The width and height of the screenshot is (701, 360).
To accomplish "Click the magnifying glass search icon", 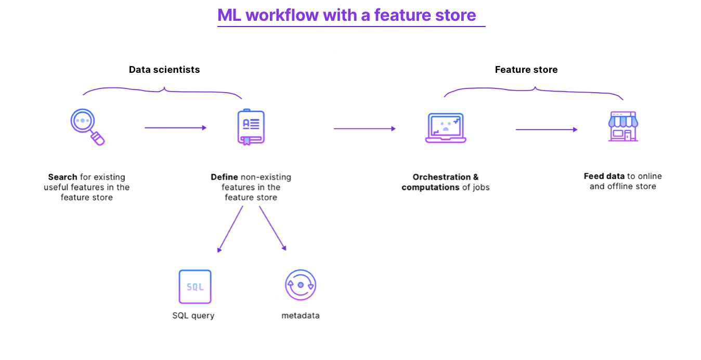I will pyautogui.click(x=87, y=126).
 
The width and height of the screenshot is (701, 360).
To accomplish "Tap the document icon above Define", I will pyautogui.click(x=251, y=127).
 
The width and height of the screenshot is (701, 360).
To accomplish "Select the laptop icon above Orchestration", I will pyautogui.click(x=446, y=128).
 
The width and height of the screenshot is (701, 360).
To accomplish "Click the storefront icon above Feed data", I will pyautogui.click(x=623, y=126).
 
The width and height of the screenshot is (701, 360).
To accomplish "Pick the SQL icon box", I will pyautogui.click(x=195, y=286).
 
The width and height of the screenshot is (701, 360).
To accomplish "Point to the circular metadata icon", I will pyautogui.click(x=301, y=285).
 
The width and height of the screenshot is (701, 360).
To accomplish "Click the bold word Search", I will pyautogui.click(x=62, y=177).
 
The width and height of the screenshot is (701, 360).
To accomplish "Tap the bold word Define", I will pyautogui.click(x=224, y=177).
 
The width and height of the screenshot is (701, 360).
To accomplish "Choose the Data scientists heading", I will pyautogui.click(x=164, y=70).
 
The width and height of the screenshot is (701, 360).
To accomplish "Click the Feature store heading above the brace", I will pyautogui.click(x=526, y=70).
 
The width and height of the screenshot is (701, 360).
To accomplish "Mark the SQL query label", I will pyautogui.click(x=193, y=316).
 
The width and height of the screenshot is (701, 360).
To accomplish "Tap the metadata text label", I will pyautogui.click(x=301, y=316).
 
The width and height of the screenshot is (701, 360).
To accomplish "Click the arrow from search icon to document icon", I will pyautogui.click(x=175, y=127).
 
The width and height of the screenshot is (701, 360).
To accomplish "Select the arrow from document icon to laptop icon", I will pyautogui.click(x=364, y=128).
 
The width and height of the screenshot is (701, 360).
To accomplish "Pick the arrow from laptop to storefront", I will pyautogui.click(x=546, y=130).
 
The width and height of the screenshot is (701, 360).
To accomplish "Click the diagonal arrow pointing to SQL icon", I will pyautogui.click(x=230, y=229).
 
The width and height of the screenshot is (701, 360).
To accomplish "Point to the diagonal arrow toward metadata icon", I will pyautogui.click(x=272, y=229).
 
